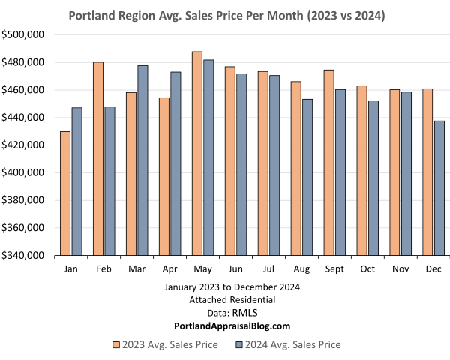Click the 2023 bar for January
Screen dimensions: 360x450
click(64, 193)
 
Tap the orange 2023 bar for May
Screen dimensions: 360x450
click(196, 154)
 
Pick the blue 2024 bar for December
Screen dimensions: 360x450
click(439, 187)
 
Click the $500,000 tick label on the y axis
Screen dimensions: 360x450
click(25, 34)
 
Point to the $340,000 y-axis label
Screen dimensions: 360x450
click(25, 256)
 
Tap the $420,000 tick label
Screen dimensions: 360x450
click(25, 145)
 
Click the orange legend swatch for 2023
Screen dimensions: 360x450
click(116, 345)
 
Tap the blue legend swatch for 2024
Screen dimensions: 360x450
click(239, 345)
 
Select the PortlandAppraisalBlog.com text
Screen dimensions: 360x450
click(226, 325)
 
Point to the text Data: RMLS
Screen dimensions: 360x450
click(226, 313)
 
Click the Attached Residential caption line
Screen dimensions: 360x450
click(226, 300)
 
